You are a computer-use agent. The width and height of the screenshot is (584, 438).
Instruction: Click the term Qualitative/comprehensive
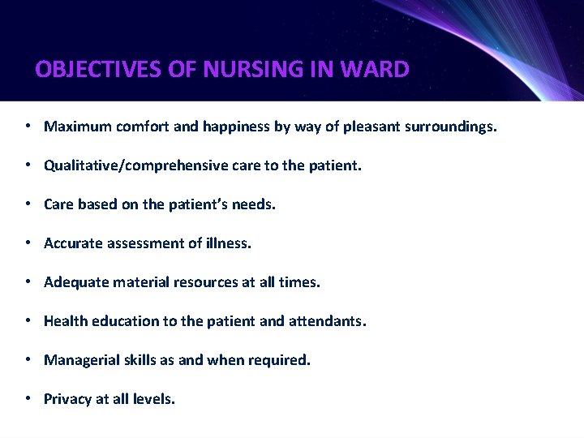coord(134,165)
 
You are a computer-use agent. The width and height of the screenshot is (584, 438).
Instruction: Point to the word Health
coord(66,321)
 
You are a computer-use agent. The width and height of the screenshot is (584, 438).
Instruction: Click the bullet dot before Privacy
coord(28,399)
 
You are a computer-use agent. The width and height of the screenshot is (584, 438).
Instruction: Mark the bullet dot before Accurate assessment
coord(28,243)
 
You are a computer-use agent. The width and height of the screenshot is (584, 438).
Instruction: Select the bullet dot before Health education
coord(28,321)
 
